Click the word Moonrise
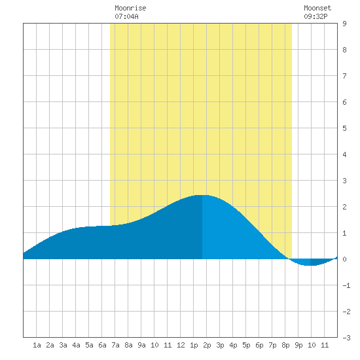pyautogui.click(x=130, y=8)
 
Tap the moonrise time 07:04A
pyautogui.click(x=126, y=16)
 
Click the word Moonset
pyautogui.click(x=317, y=8)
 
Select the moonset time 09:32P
pyautogui.click(x=315, y=16)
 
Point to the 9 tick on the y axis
pyautogui.click(x=344, y=24)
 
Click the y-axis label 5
pyautogui.click(x=344, y=128)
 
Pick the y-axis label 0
pyautogui.click(x=344, y=259)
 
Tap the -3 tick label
pyautogui.click(x=346, y=338)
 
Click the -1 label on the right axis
pyautogui.click(x=346, y=285)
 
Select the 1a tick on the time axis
pyautogui.click(x=37, y=345)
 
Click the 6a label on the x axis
pyautogui.click(x=102, y=345)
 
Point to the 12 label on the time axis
pyautogui.click(x=181, y=345)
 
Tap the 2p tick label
pyautogui.click(x=207, y=345)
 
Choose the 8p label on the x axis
pyautogui.click(x=285, y=345)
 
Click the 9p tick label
pyautogui.click(x=298, y=345)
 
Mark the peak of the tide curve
pyautogui.click(x=202, y=195)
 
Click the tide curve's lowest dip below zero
pyautogui.click(x=308, y=265)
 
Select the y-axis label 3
pyautogui.click(x=344, y=181)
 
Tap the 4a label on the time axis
pyautogui.click(x=76, y=345)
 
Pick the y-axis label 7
pyautogui.click(x=344, y=76)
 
